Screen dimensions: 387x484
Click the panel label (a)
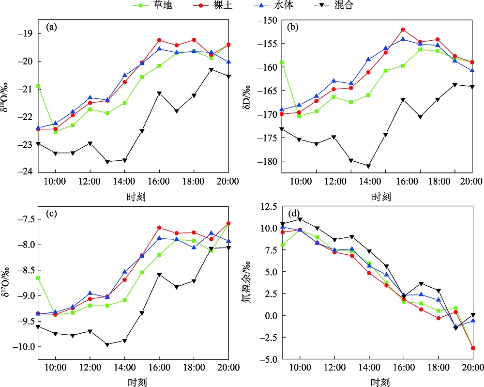[x=52, y=27]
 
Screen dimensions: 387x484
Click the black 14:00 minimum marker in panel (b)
[x=368, y=166]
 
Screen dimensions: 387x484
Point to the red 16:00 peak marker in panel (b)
[x=403, y=30]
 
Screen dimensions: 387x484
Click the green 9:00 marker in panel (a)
[x=38, y=86]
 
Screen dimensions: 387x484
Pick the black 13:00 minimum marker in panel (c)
[x=107, y=344]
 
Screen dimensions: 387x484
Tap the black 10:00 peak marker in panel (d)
[x=300, y=219]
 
